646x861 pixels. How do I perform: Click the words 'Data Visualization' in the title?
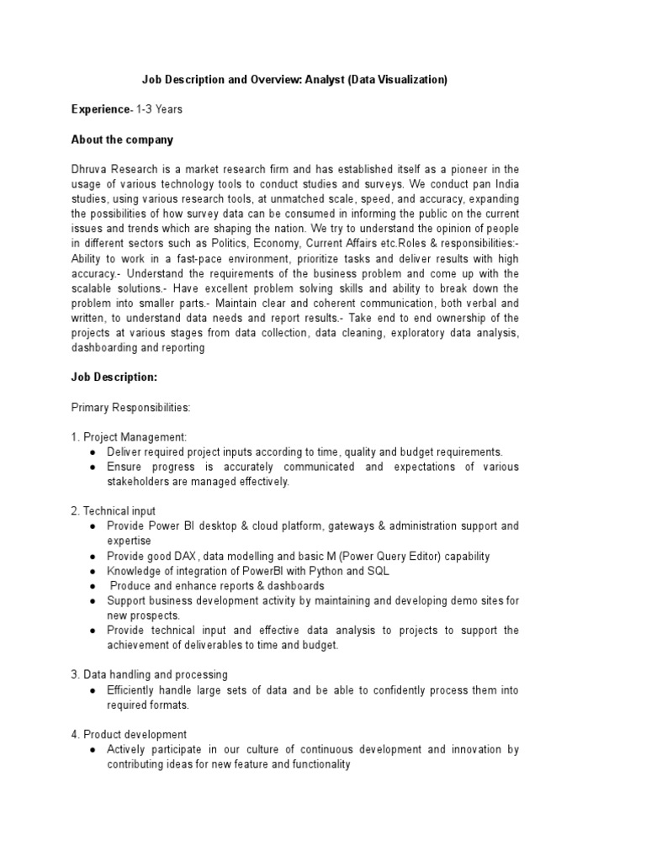(395, 80)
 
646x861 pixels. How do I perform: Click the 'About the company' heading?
(122, 139)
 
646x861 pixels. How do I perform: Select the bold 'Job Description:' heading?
(114, 378)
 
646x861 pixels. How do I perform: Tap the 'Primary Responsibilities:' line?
(131, 407)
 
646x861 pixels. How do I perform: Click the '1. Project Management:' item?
(129, 437)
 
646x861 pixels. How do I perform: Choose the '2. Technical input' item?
(114, 511)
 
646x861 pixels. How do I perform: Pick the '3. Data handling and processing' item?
(150, 674)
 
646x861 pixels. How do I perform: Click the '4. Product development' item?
(129, 734)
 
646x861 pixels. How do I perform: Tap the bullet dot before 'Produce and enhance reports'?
(91, 586)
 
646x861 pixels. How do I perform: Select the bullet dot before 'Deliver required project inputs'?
(91, 452)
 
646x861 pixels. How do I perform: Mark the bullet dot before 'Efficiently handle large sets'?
(91, 690)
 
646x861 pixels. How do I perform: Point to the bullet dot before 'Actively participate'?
(91, 750)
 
